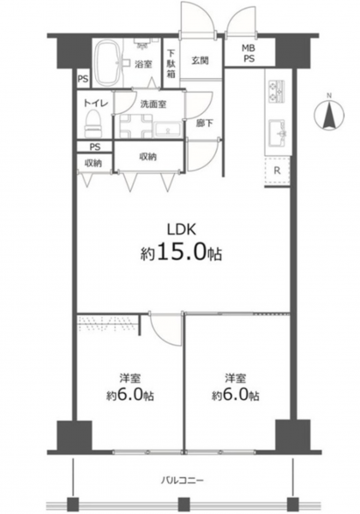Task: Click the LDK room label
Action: tap(182, 230)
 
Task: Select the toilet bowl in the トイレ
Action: tap(93, 124)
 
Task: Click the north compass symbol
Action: tap(329, 113)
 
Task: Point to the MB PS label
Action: tap(249, 54)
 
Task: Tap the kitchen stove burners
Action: tap(276, 91)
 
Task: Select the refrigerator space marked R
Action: tap(277, 170)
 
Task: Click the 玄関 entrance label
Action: tap(200, 61)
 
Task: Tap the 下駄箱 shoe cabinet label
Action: tap(171, 63)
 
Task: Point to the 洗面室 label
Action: tap(153, 105)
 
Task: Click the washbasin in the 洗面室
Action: tap(169, 130)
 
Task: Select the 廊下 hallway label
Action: tap(205, 123)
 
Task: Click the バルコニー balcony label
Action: tap(183, 481)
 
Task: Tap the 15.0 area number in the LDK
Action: tap(183, 253)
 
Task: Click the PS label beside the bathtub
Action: tap(83, 79)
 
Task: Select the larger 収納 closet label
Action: tap(148, 157)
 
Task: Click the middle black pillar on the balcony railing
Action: tap(184, 503)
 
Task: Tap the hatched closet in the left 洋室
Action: tap(107, 322)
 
